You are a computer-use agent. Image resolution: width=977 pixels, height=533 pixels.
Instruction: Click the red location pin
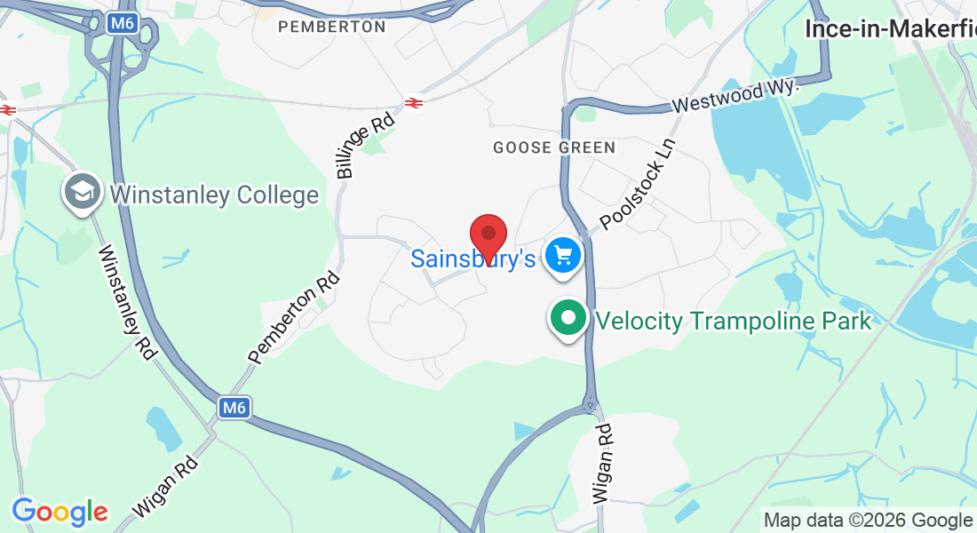tap(488, 237)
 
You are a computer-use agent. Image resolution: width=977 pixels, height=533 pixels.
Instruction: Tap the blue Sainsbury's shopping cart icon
tap(562, 257)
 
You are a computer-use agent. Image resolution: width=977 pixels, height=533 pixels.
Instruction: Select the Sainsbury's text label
tap(473, 259)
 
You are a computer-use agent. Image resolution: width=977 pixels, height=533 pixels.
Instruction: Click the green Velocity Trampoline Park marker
tap(568, 318)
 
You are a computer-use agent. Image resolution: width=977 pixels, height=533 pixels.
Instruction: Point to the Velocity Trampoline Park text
tap(734, 321)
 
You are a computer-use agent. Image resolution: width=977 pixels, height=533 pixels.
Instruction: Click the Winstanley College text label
tap(214, 195)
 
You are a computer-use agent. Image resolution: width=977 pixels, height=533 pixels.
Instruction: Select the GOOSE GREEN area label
tap(554, 147)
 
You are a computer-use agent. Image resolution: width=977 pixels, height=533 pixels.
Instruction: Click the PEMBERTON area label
tap(332, 27)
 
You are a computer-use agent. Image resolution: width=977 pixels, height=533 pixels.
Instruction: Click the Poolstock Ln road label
tap(638, 184)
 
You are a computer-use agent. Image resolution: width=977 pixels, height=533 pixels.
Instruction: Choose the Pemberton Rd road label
tap(295, 317)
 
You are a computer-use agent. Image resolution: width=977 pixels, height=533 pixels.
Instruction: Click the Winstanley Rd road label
tap(127, 301)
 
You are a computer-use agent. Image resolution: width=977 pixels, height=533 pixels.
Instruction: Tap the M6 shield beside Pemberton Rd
tap(233, 408)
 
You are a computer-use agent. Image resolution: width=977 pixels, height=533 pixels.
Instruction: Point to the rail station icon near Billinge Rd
tap(413, 103)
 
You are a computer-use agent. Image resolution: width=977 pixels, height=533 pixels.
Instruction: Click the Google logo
tap(60, 511)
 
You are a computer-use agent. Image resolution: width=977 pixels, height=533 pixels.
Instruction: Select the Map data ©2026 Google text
tap(868, 521)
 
